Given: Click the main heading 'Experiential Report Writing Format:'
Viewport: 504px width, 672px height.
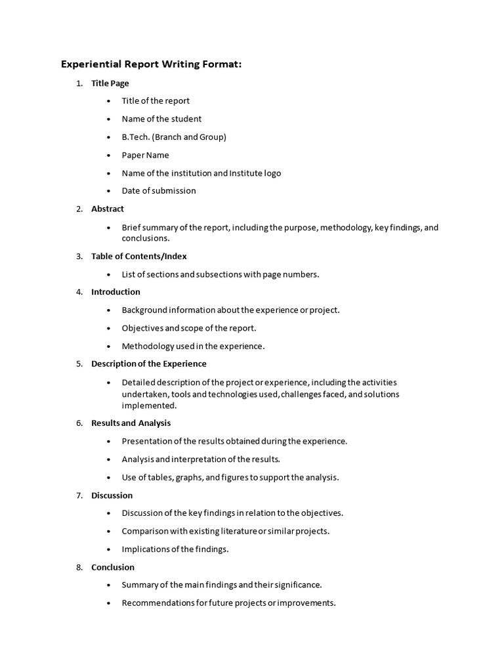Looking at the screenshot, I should click(x=152, y=64).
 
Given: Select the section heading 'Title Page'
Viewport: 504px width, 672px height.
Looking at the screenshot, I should click(x=110, y=83).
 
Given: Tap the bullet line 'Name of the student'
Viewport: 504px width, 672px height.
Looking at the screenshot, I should click(x=161, y=119).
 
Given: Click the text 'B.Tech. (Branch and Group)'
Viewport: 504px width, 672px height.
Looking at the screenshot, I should click(x=174, y=137).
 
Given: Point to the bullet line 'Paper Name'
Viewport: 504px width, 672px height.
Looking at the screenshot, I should click(x=145, y=156).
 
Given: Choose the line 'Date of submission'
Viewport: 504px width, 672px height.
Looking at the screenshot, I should click(x=159, y=191).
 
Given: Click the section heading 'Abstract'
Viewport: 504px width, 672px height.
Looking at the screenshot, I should click(x=108, y=209).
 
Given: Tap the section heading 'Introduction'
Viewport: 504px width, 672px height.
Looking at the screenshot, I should click(x=115, y=292).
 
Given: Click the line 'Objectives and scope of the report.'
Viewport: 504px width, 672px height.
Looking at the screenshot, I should click(x=189, y=328).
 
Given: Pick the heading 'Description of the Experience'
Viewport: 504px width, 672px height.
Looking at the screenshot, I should click(x=149, y=364).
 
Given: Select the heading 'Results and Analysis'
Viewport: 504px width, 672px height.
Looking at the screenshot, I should click(x=131, y=423).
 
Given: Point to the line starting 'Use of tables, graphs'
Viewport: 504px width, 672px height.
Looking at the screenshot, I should click(x=230, y=478).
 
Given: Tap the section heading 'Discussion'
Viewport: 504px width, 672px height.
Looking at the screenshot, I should click(x=112, y=495).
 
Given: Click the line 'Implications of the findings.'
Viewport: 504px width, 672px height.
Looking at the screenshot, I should click(x=175, y=549).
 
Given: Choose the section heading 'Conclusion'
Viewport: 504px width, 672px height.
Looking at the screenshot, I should click(x=113, y=567).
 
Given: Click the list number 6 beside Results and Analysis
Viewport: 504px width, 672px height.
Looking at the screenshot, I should click(x=79, y=423).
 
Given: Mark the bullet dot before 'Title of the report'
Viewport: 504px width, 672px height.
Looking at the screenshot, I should click(x=108, y=101).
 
